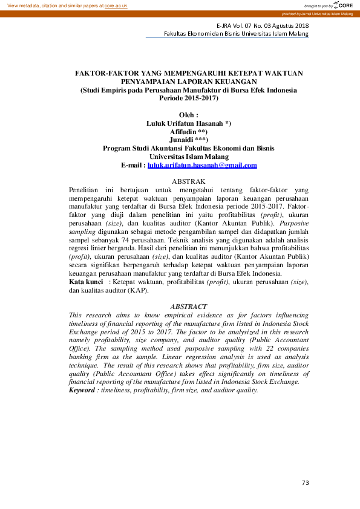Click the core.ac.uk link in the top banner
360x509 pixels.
pyautogui.click(x=116, y=5)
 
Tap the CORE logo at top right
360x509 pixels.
pyautogui.click(x=342, y=5)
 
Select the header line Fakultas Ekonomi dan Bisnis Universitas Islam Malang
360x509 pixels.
pyautogui.click(x=236, y=34)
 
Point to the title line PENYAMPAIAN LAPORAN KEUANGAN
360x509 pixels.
pyautogui.click(x=189, y=81)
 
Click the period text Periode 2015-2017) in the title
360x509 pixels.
pyautogui.click(x=189, y=97)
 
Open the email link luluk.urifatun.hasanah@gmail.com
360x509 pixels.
pyautogui.click(x=202, y=165)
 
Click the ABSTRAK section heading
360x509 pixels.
pyautogui.click(x=189, y=181)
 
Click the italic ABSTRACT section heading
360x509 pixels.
pyautogui.click(x=189, y=307)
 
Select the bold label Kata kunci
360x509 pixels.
pyautogui.click(x=85, y=282)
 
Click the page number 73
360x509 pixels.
pyautogui.click(x=305, y=482)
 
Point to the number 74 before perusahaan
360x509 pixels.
pyautogui.click(x=134, y=240)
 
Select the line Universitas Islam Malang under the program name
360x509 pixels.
pyautogui.click(x=189, y=156)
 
